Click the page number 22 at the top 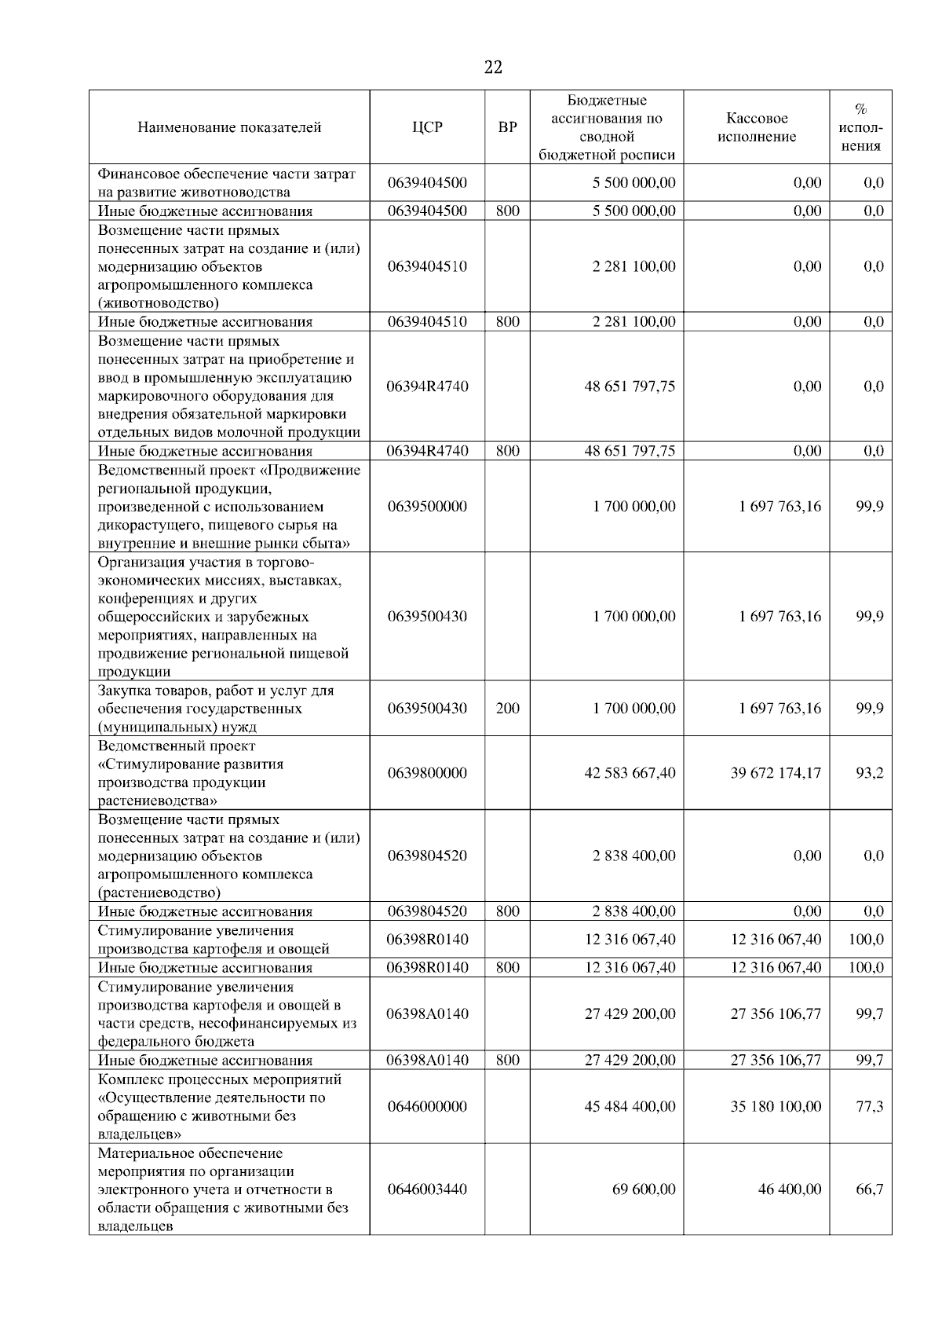tap(493, 68)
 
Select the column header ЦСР tap(427, 127)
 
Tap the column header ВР tap(508, 127)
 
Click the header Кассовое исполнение tap(756, 127)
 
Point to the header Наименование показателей tap(229, 127)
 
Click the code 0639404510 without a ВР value tap(427, 266)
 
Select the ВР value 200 tap(508, 708)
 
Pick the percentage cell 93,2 tap(869, 773)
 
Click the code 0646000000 tap(427, 1106)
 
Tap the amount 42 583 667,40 tap(630, 773)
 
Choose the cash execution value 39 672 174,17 tap(776, 773)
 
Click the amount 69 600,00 tap(644, 1189)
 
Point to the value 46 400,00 tap(790, 1189)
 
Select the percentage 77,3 tap(869, 1106)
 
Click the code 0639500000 tap(427, 507)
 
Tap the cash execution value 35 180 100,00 tap(776, 1106)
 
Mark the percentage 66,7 tap(869, 1189)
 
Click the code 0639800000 tap(427, 773)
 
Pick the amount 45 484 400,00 tap(630, 1106)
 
